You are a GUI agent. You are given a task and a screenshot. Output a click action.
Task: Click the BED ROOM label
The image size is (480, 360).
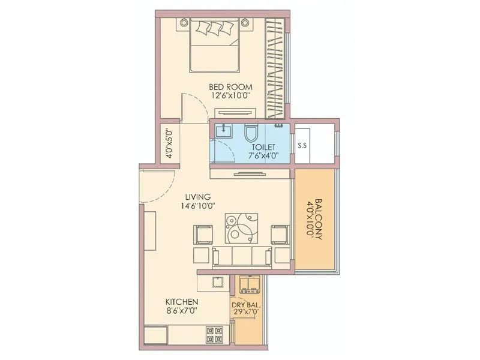230,86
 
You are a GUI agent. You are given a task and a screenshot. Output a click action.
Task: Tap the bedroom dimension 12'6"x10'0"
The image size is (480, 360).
230,95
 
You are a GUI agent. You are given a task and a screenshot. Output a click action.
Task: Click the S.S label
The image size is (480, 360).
302,145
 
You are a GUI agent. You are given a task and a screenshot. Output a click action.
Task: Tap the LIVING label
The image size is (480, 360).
197,196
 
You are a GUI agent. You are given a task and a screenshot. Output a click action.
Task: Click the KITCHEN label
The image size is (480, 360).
182,301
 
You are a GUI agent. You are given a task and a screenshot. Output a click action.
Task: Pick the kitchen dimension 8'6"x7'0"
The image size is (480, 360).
182,311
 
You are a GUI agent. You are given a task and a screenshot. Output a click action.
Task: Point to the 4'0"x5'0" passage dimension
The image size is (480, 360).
169,144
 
